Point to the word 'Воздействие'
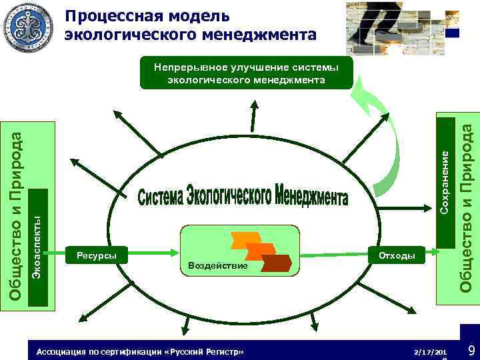pos(218,266)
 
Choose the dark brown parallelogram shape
pos(276,263)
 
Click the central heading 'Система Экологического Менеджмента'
pos(244,195)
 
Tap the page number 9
pos(471,350)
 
